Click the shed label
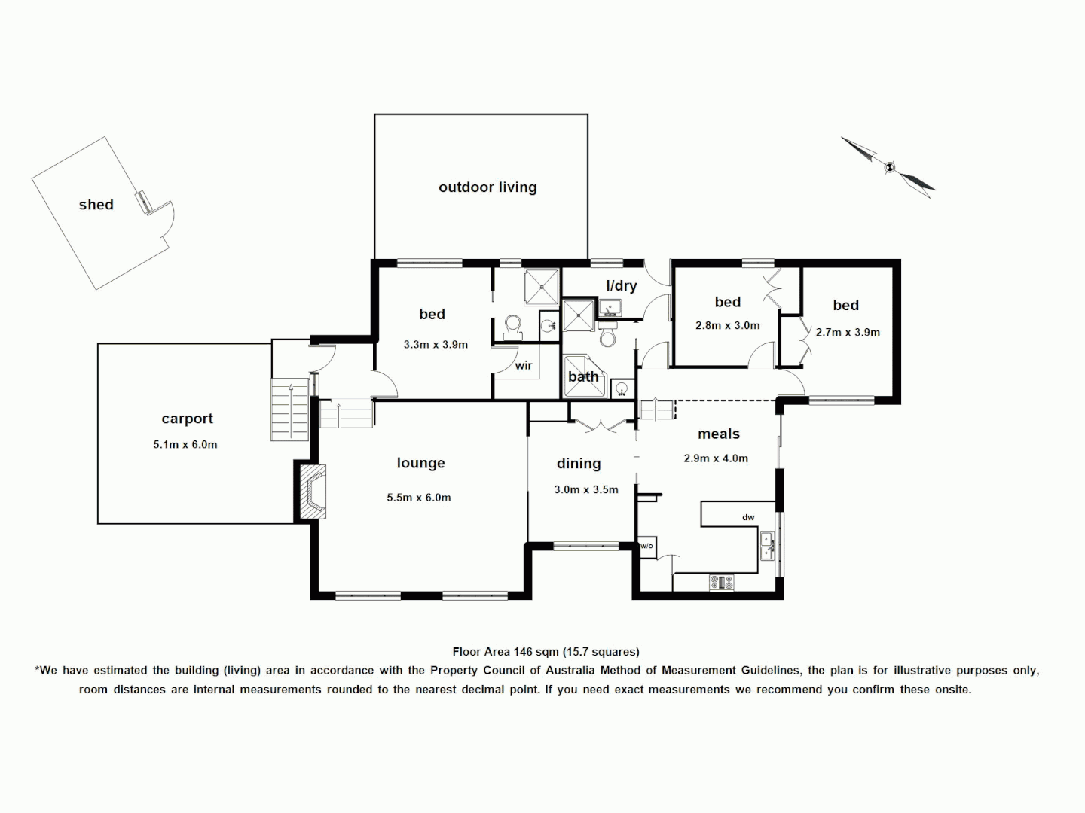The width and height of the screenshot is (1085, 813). tap(96, 205)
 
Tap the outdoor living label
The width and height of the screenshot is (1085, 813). tap(487, 187)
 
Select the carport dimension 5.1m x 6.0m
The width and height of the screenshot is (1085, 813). tap(185, 445)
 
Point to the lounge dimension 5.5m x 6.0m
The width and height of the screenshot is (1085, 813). tap(419, 498)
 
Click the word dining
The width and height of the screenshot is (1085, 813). tap(579, 464)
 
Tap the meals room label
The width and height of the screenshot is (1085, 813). tap(718, 434)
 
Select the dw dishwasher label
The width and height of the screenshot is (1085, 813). tap(748, 517)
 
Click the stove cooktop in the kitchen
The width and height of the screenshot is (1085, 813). tap(721, 582)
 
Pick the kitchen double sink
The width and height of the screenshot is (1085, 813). tap(767, 546)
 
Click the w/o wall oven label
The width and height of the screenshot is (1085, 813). tap(646, 546)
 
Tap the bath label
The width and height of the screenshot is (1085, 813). tap(583, 376)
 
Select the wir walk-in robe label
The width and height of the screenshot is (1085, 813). tap(524, 366)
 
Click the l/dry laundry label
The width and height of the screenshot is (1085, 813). tap(622, 286)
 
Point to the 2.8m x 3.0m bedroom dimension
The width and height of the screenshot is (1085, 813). tap(727, 326)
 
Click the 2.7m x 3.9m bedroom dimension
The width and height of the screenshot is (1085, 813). tap(848, 332)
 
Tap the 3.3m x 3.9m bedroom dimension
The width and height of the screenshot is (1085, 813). tap(436, 345)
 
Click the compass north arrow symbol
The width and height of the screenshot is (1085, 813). tap(889, 167)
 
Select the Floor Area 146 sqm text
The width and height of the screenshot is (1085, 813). tap(546, 652)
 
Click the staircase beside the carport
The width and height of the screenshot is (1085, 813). tap(289, 411)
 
